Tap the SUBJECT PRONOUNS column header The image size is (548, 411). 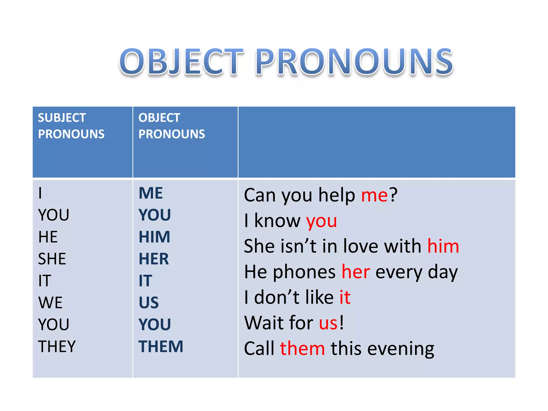point(71,126)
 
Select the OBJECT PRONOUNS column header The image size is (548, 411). point(172,126)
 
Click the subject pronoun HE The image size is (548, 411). point(48,237)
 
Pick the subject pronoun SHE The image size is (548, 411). point(52,259)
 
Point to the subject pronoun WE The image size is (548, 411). point(50,303)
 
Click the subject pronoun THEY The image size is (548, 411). point(57,347)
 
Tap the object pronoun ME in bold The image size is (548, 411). point(151,193)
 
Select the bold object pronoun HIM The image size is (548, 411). point(154,237)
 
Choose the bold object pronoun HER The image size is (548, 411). point(154,259)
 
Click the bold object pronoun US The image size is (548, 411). point(149,303)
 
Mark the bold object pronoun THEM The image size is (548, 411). point(161,347)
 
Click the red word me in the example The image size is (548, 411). point(374,195)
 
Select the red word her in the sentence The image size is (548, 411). point(356,272)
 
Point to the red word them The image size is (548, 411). point(302,349)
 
